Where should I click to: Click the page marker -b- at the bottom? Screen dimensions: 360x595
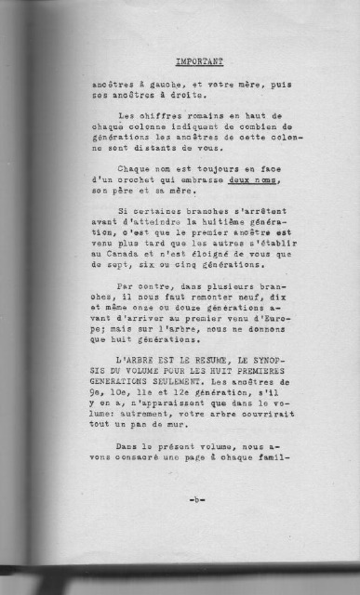click(197, 499)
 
